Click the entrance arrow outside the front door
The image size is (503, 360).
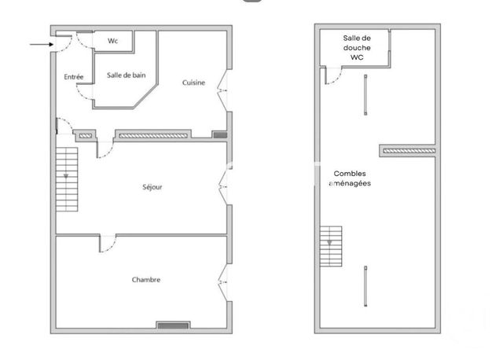click(x=41, y=44)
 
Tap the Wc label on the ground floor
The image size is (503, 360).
click(x=112, y=40)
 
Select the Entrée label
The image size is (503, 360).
click(x=74, y=77)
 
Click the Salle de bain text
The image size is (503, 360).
click(x=126, y=75)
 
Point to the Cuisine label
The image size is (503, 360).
click(x=194, y=83)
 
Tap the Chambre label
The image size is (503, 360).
click(x=146, y=279)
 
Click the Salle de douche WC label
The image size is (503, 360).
click(x=358, y=47)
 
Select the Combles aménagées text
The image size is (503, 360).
click(x=350, y=178)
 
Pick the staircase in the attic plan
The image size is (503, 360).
click(x=331, y=246)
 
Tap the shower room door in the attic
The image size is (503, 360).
click(x=332, y=75)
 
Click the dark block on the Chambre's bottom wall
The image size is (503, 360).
click(x=172, y=325)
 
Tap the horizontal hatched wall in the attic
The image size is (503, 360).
click(x=407, y=149)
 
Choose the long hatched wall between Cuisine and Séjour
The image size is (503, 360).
click(x=152, y=136)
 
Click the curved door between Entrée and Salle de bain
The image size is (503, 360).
click(x=85, y=91)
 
